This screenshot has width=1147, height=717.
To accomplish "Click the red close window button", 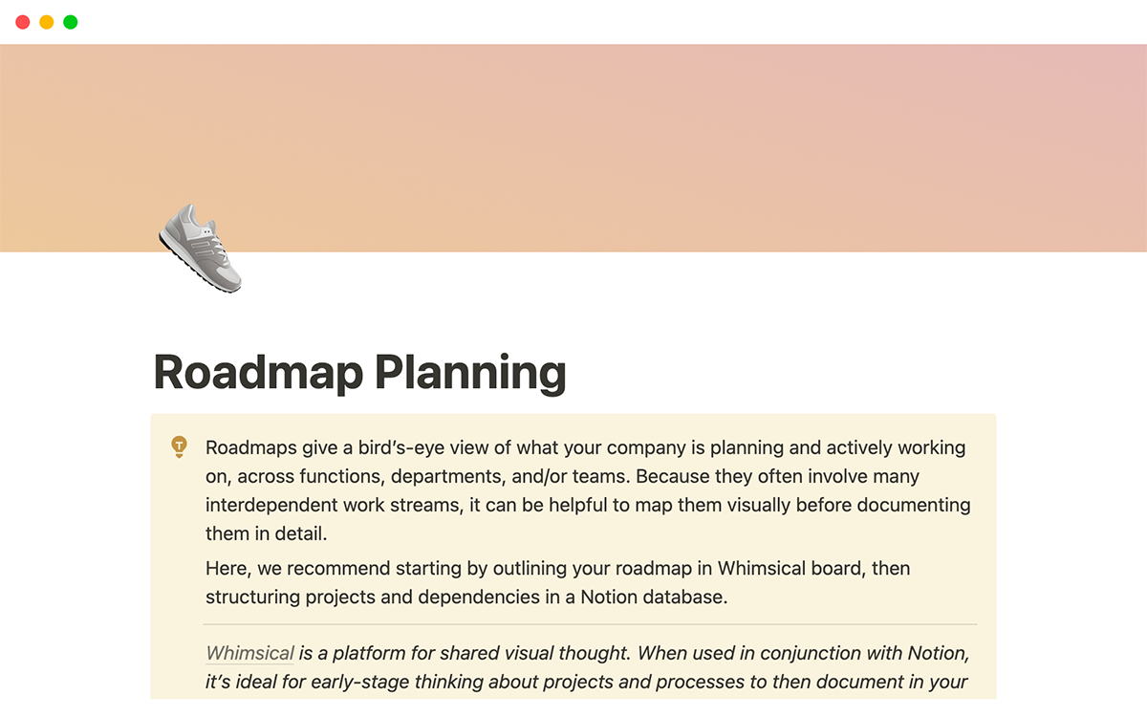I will point(23,22).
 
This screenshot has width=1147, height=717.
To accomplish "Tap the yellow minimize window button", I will point(47,22).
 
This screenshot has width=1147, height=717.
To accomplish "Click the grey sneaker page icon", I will point(201,248).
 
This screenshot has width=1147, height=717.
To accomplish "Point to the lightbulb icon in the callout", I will point(179,446).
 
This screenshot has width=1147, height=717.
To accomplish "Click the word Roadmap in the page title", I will point(256,373).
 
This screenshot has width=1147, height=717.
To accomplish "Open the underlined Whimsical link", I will point(249,654).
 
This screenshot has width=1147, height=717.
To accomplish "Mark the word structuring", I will point(251,597).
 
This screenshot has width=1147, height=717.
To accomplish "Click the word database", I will point(686,597).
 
